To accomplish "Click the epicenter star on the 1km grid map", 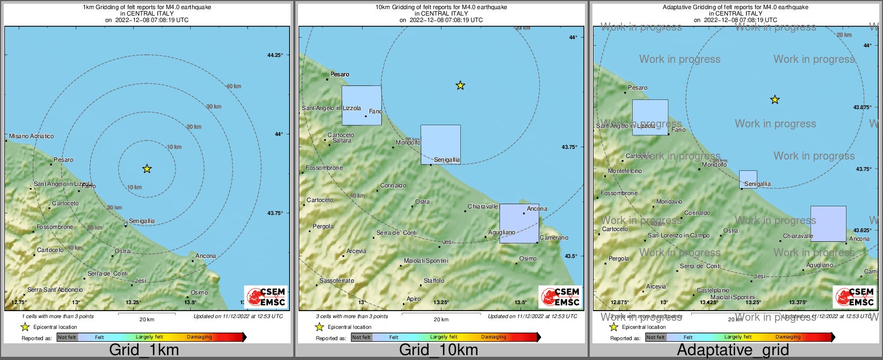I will tap(147, 169).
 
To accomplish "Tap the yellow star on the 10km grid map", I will tap(460, 85).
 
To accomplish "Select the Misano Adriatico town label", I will tap(32, 136).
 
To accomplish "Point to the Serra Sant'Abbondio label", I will tap(55, 290).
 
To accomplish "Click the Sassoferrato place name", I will tap(337, 280).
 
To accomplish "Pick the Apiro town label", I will tap(414, 299).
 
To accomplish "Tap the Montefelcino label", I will tap(625, 171).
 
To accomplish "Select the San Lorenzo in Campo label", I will tap(678, 235).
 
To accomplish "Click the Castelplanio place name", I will tap(713, 290).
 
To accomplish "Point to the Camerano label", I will tap(554, 237).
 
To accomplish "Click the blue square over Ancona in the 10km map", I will tap(519, 224).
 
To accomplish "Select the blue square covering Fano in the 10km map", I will tap(361, 105).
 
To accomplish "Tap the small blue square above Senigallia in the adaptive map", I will tap(748, 179).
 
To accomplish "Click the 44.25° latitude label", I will tap(275, 55).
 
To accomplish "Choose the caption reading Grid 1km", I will tap(144, 350).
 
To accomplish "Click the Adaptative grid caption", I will tap(733, 350).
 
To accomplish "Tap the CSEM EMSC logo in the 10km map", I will tap(560, 297).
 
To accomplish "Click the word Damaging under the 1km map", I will tap(199, 337).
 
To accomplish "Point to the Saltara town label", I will tap(342, 141).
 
